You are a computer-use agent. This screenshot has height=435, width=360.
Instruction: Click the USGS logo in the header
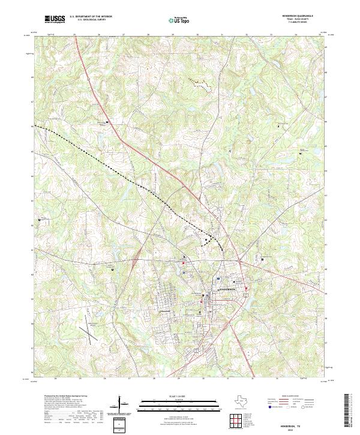point(55,19)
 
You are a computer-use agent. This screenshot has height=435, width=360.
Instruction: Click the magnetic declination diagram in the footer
point(124,404)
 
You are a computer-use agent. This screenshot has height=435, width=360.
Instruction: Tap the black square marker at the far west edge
point(40,221)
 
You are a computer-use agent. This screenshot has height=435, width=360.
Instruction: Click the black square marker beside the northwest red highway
point(107,122)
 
